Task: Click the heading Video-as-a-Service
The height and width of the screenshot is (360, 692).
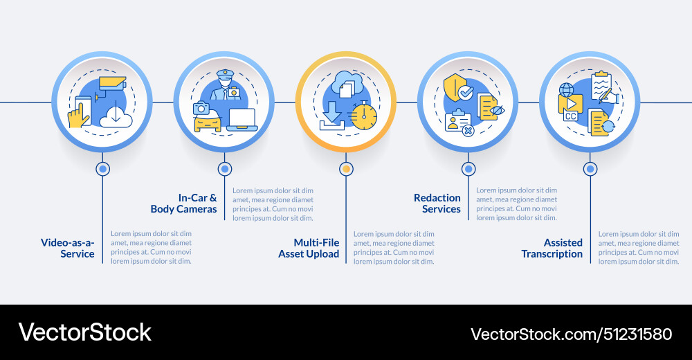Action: pos(68,249)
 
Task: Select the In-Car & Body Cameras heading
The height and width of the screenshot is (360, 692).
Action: pos(183,204)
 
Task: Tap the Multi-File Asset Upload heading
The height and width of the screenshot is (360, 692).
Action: pos(309,249)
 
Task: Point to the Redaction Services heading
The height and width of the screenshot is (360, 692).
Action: pos(437,204)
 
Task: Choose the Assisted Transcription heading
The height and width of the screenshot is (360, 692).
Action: pos(552,249)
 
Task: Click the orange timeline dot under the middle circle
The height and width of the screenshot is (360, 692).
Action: pos(347,169)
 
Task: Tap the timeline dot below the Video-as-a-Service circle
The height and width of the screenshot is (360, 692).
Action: pos(103,169)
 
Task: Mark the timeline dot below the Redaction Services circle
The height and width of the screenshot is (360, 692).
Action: pos(468,169)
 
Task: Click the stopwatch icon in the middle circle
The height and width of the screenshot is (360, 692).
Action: pos(364,115)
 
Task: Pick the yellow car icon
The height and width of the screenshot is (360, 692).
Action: pos(207,123)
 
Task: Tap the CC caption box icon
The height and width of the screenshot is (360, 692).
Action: pos(571,116)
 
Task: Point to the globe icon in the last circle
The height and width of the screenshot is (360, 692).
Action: pos(567,90)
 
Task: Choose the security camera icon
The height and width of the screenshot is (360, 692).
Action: pos(111,84)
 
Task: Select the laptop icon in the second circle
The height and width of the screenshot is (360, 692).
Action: pos(242,120)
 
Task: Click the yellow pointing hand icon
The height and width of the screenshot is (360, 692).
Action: pos(78,115)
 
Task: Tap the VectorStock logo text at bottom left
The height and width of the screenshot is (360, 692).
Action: pos(84,332)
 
